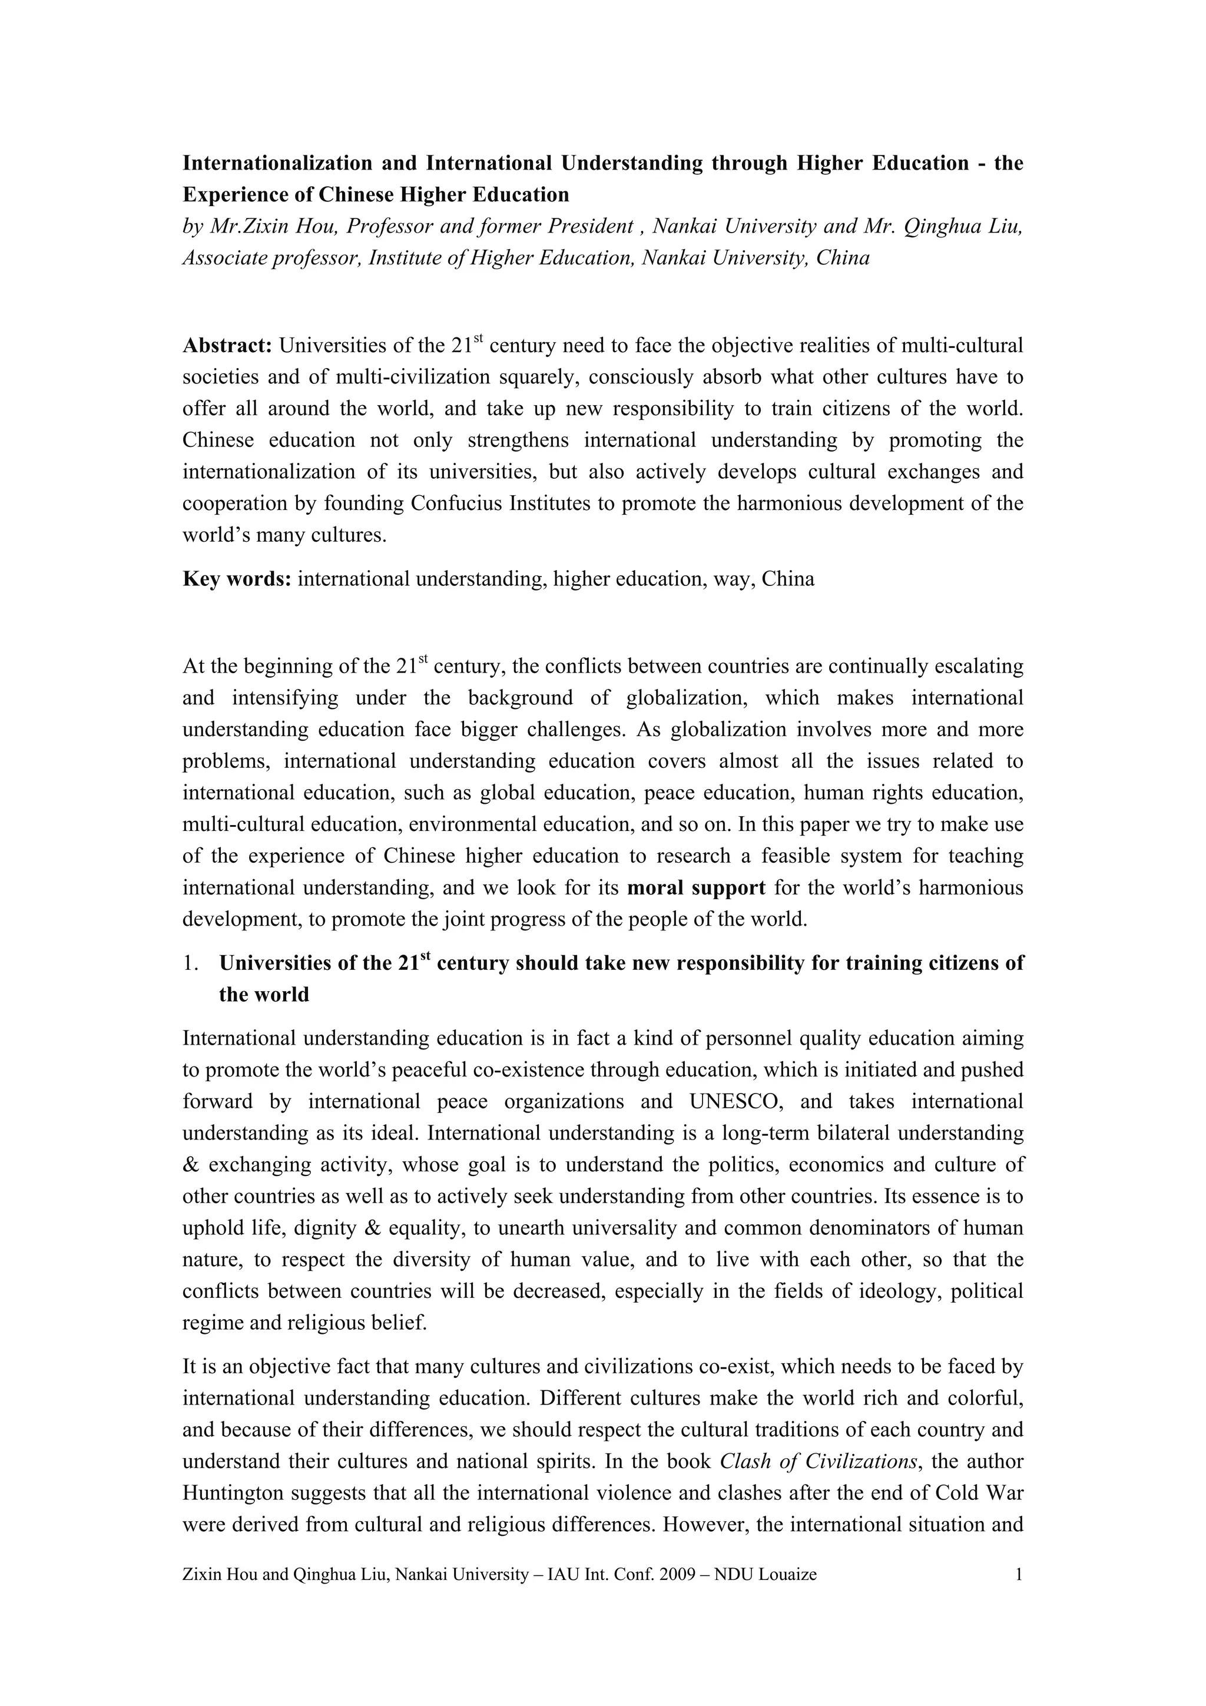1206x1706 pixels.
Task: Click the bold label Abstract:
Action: pos(227,346)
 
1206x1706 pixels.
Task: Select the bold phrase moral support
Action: pos(696,888)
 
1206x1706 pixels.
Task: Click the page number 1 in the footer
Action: pos(1019,1574)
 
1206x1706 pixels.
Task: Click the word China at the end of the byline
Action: pos(843,258)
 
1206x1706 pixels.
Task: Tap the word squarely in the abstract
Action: pos(537,377)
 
